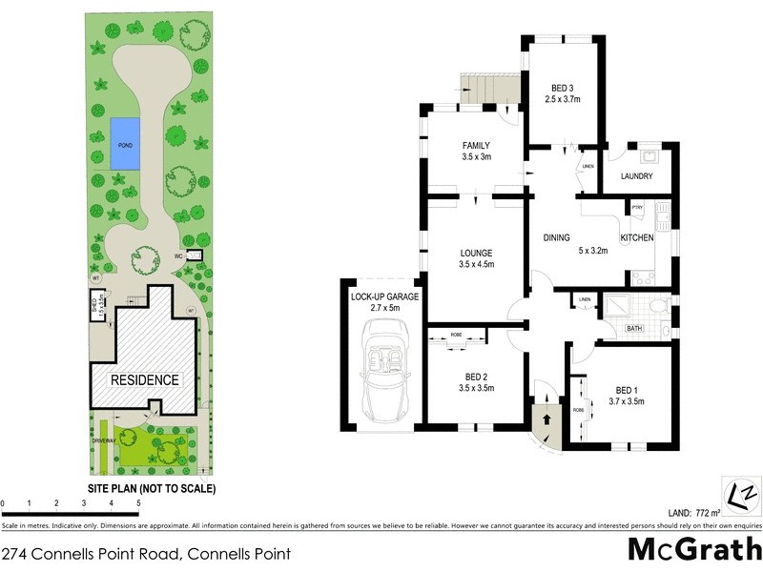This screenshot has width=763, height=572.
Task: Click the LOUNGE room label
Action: tap(475, 253)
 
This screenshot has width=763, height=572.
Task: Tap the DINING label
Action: tap(556, 237)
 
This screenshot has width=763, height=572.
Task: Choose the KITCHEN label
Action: tap(637, 237)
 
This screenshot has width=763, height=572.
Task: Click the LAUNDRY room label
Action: tap(636, 176)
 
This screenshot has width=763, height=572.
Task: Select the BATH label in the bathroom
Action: tap(633, 329)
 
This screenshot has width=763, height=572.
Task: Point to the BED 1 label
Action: tap(626, 390)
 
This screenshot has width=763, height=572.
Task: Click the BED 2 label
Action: tap(475, 377)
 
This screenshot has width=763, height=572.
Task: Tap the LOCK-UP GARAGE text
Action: tap(383, 296)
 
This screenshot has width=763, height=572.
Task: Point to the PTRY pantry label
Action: tap(637, 207)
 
